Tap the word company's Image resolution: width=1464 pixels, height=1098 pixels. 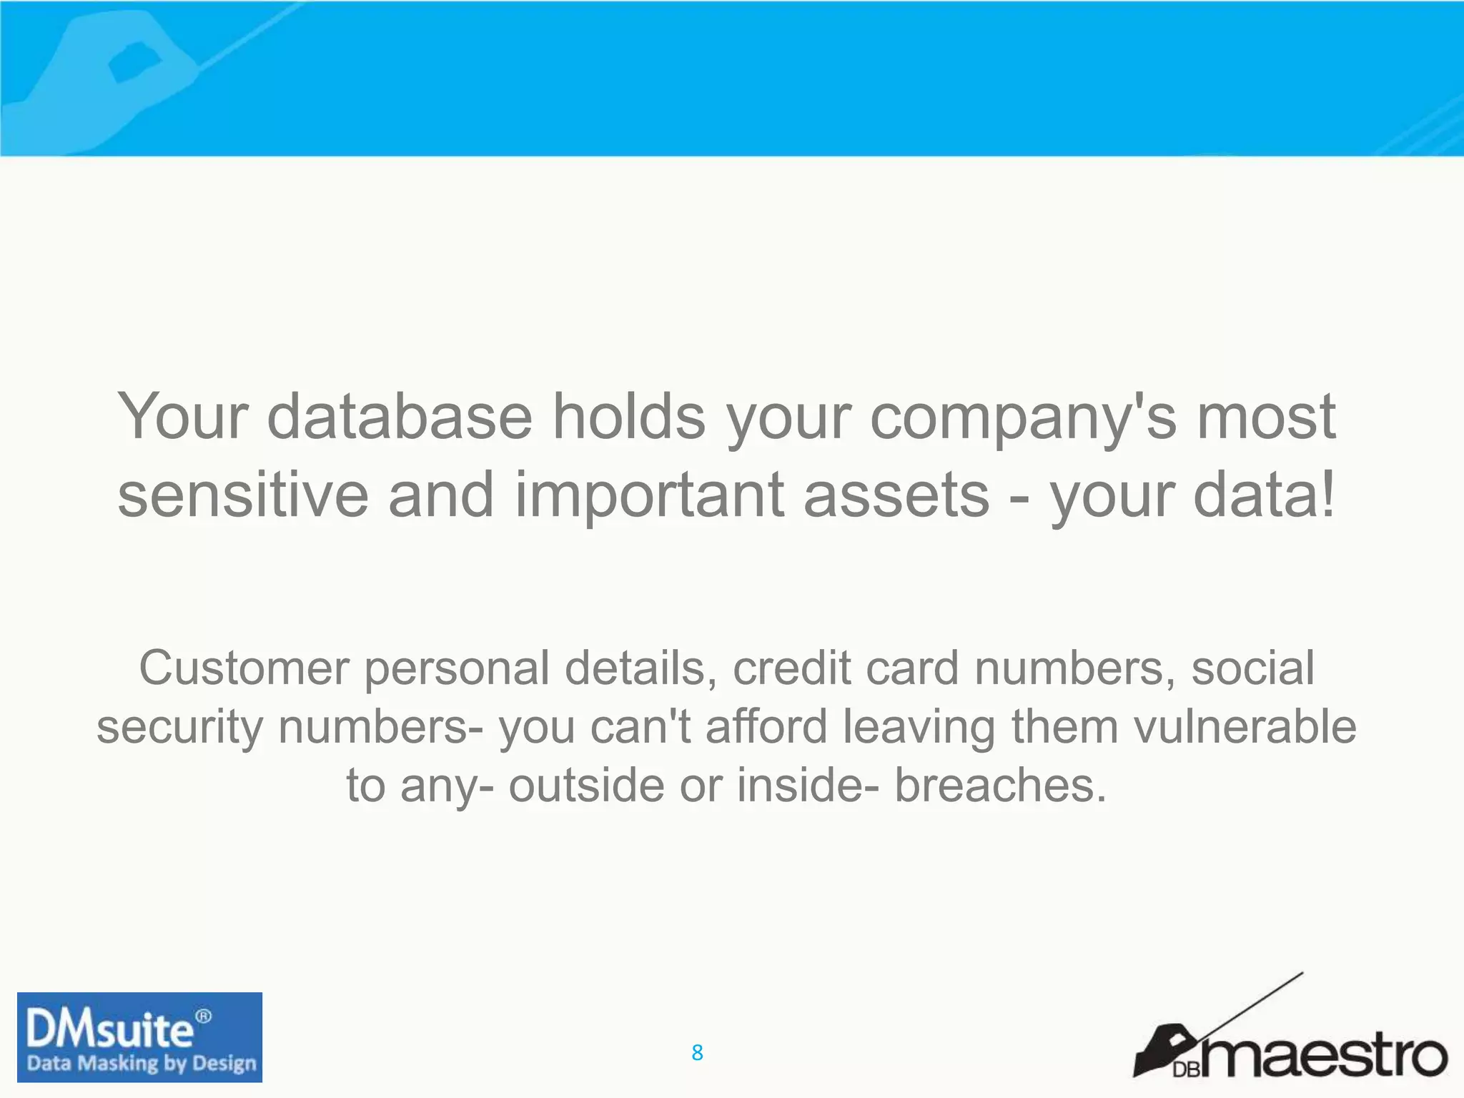point(1023,417)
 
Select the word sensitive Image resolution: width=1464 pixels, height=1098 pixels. point(243,495)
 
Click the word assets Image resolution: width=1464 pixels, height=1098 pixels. point(896,496)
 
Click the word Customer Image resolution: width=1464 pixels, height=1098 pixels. point(243,668)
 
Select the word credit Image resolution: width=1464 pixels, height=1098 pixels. point(792,668)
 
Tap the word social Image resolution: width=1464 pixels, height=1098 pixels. point(1252,668)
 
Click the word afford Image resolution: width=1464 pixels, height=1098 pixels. point(766,726)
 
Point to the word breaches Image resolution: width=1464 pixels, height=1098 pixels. point(1000,785)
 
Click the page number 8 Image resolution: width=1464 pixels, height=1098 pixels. point(697,1052)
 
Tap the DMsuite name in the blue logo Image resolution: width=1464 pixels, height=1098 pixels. point(109,1030)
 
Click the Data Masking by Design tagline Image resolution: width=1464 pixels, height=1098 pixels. point(141,1063)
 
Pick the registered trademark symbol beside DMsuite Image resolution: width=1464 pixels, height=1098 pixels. point(203,1016)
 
